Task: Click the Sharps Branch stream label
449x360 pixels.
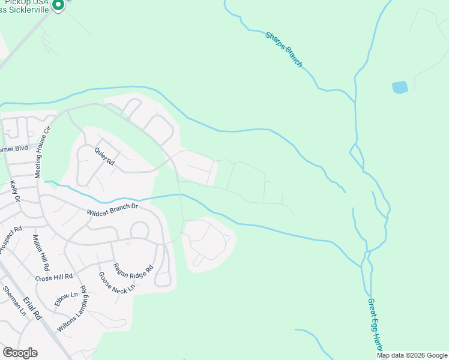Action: (284, 49)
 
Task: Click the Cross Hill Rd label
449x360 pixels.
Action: (53, 278)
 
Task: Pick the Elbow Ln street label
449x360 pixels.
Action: (66, 298)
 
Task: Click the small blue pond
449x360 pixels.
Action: (400, 88)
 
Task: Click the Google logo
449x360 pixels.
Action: (20, 353)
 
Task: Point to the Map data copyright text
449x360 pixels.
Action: (412, 355)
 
